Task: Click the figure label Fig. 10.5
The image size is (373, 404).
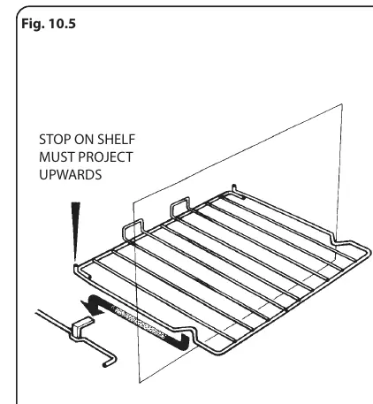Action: (x=49, y=23)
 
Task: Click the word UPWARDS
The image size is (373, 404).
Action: (x=71, y=175)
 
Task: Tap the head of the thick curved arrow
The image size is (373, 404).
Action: (x=91, y=306)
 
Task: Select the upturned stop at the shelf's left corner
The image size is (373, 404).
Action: (x=77, y=270)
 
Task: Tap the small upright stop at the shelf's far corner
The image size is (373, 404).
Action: (x=234, y=189)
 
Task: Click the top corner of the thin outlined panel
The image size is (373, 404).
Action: (x=342, y=104)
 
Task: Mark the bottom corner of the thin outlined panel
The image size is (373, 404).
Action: (x=140, y=383)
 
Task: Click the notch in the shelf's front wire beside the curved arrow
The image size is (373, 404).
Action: (x=191, y=332)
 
